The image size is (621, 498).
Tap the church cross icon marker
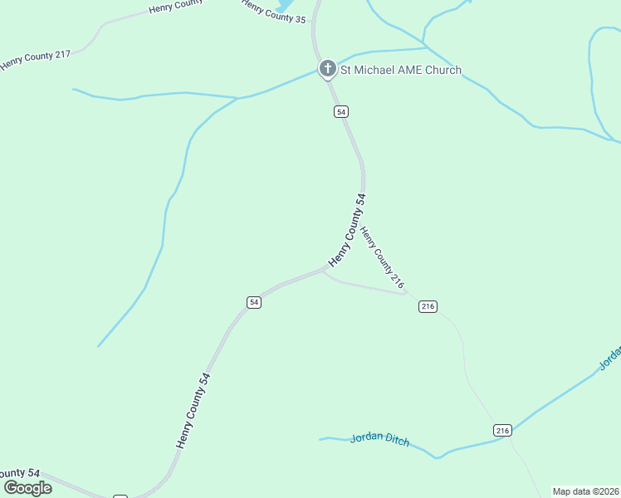point(328,68)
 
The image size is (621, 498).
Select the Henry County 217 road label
point(36,60)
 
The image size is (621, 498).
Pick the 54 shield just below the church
point(341,111)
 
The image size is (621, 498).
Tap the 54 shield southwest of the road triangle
point(254,302)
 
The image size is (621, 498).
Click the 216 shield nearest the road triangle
point(428,306)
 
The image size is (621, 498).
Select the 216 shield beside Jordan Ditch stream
point(502,430)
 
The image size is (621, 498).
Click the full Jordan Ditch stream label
point(379,440)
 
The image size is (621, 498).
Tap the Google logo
point(28,487)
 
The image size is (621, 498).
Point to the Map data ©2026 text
point(585,491)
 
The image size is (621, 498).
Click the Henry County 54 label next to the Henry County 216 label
point(347,230)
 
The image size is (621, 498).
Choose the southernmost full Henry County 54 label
point(193,410)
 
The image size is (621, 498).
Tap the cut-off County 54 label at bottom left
point(20,472)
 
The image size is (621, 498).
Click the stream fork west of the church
point(237,99)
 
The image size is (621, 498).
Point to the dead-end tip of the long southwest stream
point(98,346)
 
